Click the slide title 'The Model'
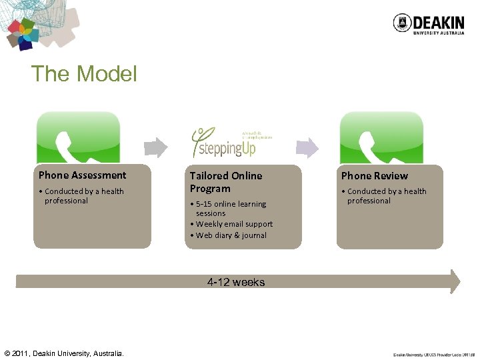[84, 73]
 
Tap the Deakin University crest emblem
[401, 23]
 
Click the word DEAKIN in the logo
[438, 21]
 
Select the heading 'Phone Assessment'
[82, 175]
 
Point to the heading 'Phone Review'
[375, 176]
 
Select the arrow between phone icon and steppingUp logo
[156, 146]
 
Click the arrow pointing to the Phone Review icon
[307, 146]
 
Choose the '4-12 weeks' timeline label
[236, 283]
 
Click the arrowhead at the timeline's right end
[455, 281]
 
